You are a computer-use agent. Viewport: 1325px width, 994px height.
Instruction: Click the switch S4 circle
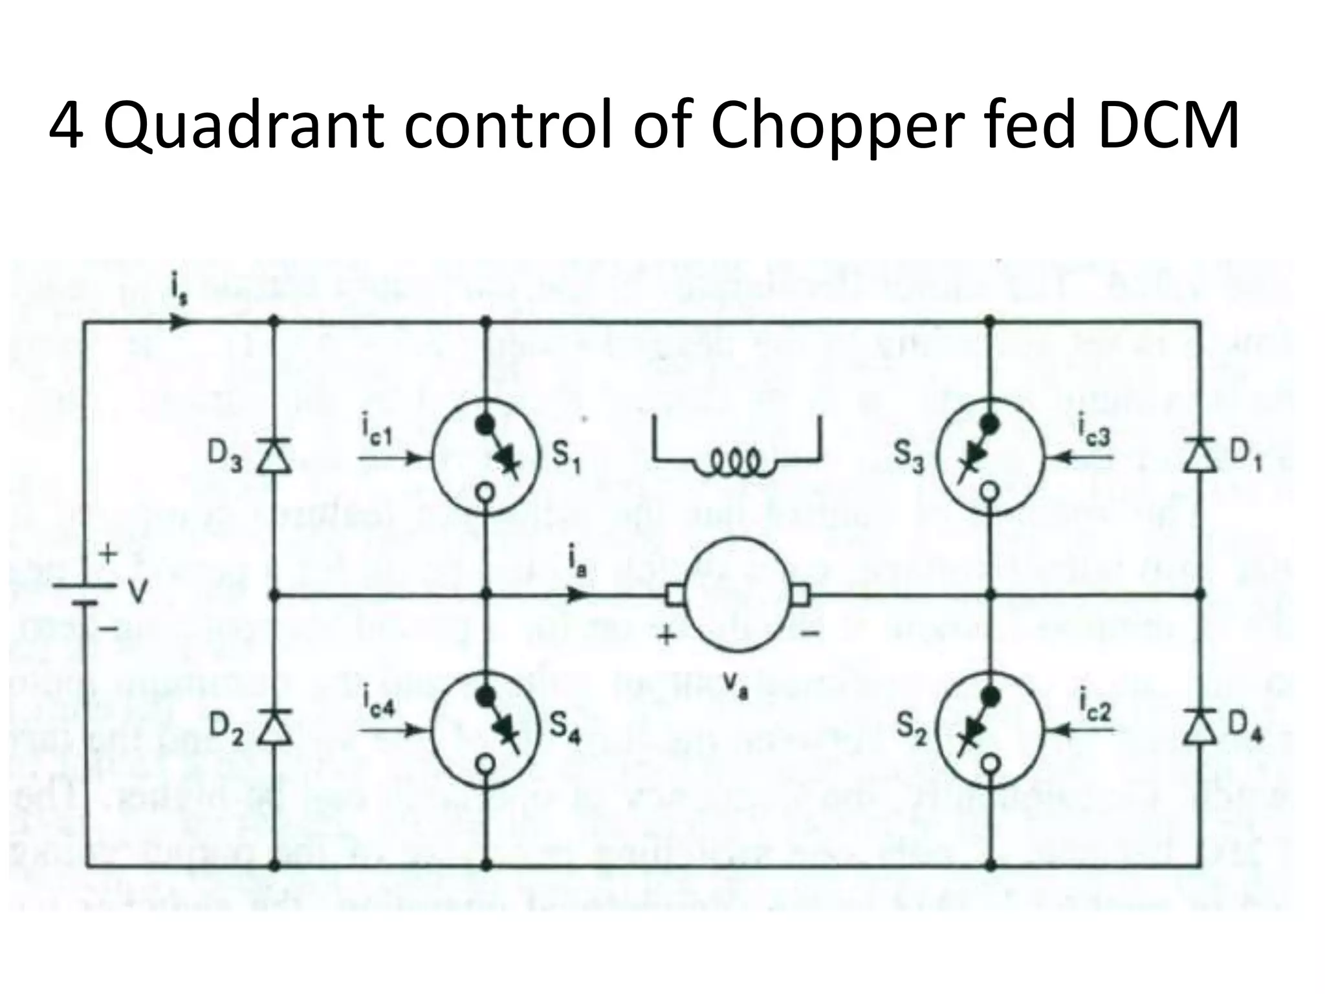[487, 731]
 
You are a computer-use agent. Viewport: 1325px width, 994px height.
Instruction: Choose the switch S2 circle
[991, 731]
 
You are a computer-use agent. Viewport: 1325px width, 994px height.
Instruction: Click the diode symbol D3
[274, 456]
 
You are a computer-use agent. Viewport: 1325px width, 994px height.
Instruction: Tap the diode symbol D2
[274, 726]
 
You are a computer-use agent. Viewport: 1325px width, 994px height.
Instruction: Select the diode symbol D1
[1200, 456]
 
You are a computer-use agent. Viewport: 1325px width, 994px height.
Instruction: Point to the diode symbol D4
[1200, 726]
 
